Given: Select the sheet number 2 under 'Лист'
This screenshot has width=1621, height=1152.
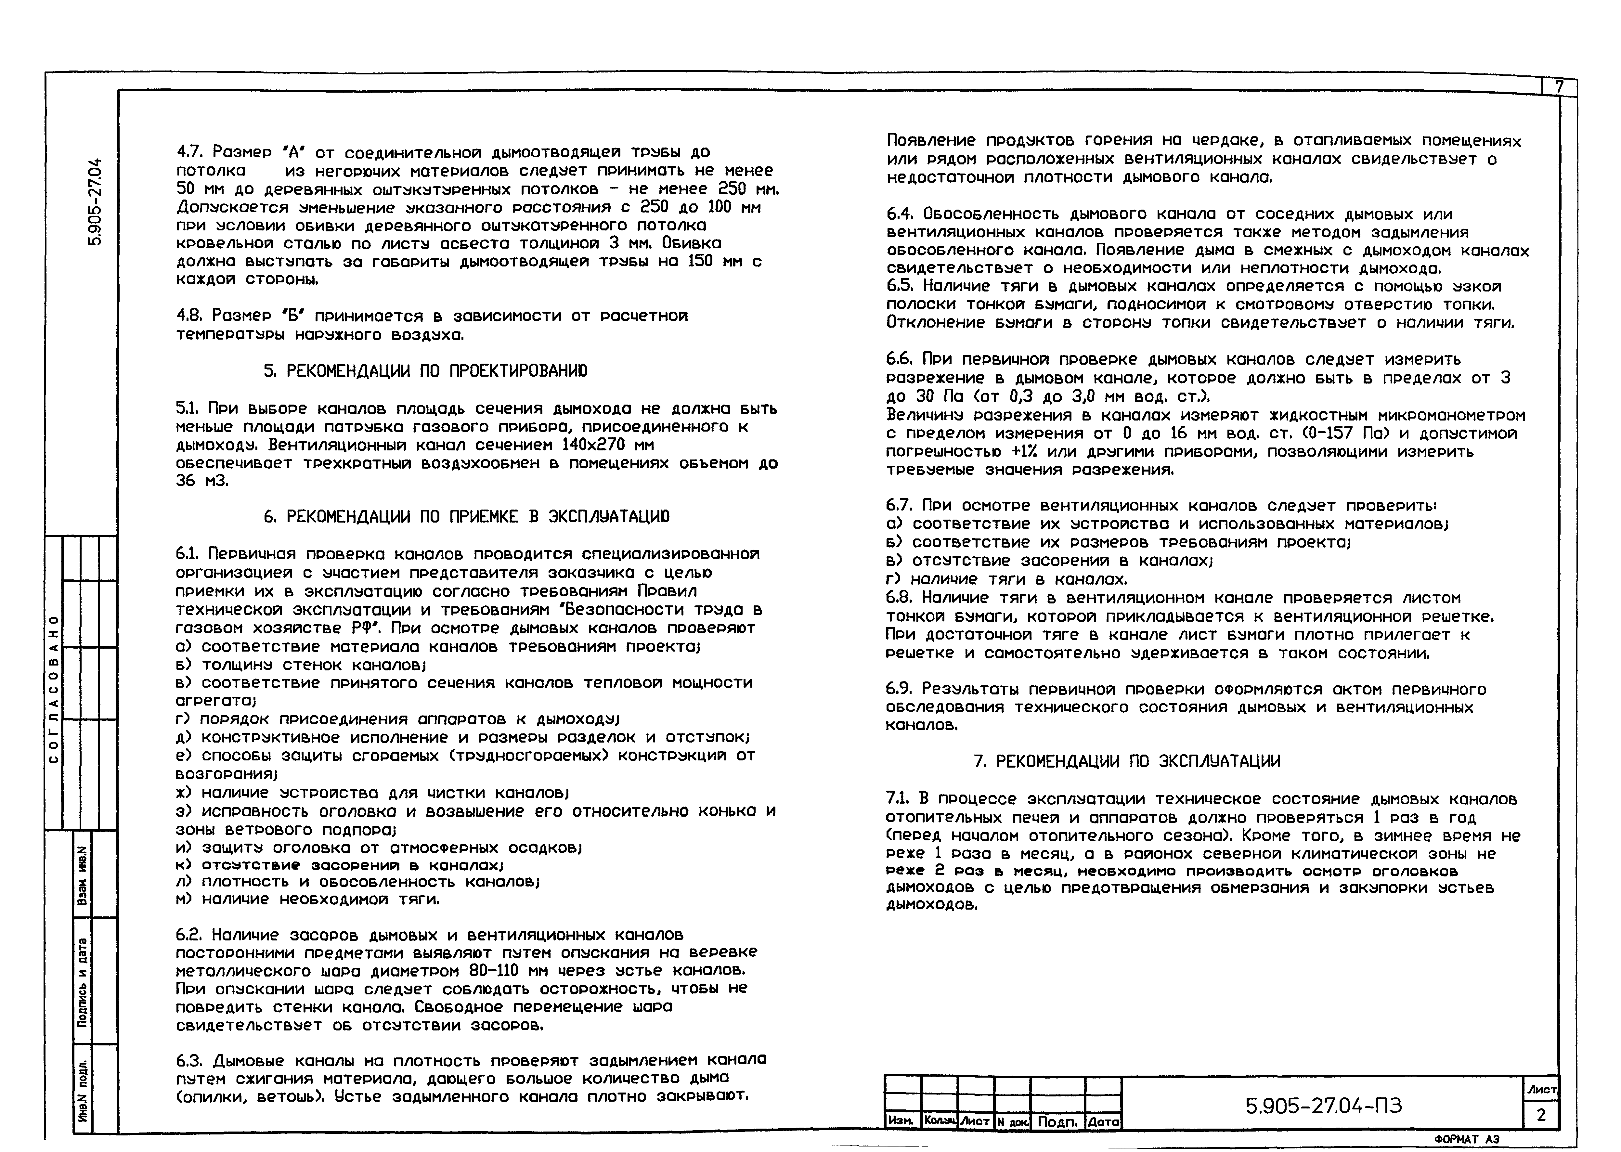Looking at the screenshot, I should (1541, 1115).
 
